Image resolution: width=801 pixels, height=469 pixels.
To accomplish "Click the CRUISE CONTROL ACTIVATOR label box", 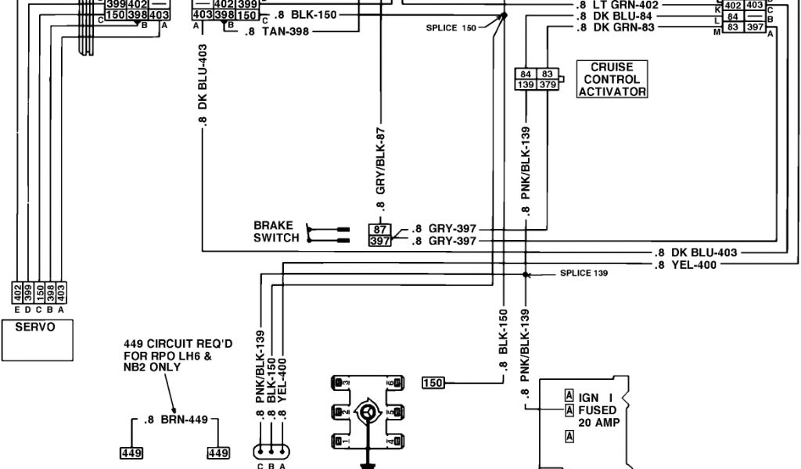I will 612,80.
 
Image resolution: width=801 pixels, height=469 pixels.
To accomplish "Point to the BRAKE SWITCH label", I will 276,232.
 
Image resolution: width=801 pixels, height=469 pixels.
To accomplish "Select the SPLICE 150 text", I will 451,27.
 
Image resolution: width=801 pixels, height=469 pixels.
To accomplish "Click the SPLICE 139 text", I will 584,274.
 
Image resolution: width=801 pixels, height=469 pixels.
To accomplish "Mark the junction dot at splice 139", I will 526,275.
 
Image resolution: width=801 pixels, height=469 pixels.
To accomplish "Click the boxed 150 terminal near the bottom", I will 433,382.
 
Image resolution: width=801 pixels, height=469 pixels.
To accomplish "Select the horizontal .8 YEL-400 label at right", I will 686,265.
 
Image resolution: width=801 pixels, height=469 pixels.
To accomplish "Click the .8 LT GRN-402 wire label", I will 617,5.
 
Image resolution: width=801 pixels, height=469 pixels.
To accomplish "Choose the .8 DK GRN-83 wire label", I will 617,28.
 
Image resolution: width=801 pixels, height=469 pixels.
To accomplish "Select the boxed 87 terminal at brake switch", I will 379,230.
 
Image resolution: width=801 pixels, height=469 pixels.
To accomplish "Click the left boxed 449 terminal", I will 130,453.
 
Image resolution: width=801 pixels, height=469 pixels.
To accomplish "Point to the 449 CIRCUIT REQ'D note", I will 167,356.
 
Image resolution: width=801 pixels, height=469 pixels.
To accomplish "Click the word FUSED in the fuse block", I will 597,410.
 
